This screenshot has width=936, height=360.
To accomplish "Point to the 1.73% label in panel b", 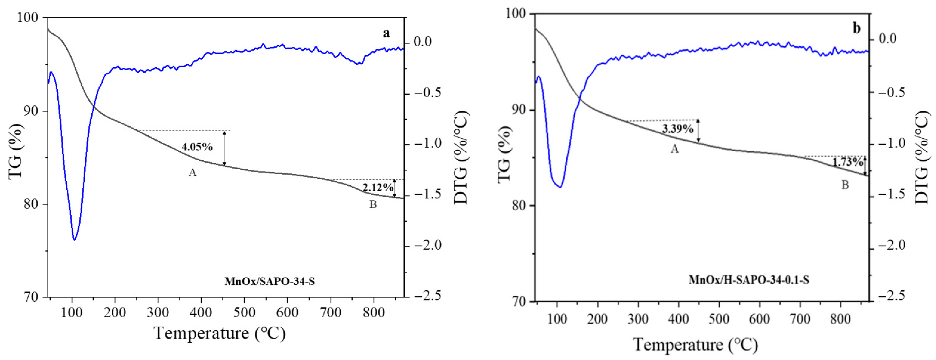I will pyautogui.click(x=848, y=162).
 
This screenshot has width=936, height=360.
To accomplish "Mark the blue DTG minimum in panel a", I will pyautogui.click(x=74, y=240).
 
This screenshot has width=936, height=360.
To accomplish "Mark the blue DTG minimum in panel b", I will pyautogui.click(x=560, y=187).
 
